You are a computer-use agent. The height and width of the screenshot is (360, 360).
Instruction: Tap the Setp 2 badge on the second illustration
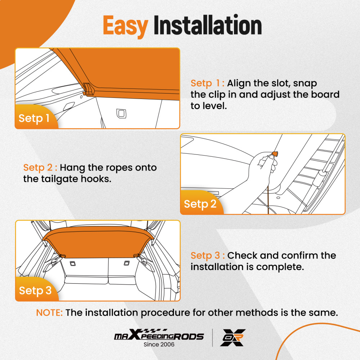click(200, 204)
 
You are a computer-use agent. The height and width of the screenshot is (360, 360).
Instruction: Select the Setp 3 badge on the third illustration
click(35, 290)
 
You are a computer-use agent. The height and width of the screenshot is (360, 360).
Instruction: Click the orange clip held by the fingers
click(276, 154)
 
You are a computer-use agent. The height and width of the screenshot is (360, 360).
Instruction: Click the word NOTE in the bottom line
click(49, 312)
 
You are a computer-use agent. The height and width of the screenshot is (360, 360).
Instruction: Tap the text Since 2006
click(159, 345)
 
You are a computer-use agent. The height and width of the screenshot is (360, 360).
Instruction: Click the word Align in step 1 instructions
click(240, 83)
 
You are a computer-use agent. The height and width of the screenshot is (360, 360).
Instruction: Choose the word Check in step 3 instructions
click(242, 256)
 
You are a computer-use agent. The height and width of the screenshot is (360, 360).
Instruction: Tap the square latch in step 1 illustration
click(120, 113)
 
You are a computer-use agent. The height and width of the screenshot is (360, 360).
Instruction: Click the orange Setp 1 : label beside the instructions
click(207, 83)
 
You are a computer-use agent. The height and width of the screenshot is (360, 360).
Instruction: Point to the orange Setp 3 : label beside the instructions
click(208, 256)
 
